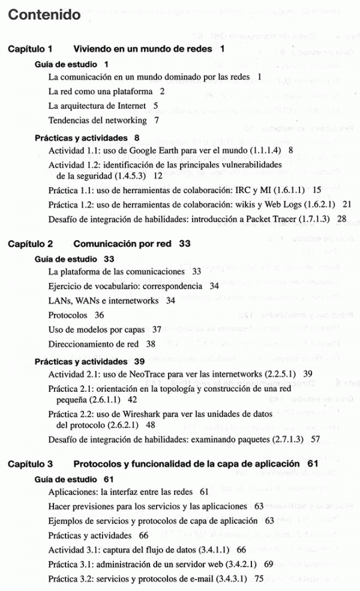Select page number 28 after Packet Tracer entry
click(342, 218)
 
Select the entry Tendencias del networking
click(97, 120)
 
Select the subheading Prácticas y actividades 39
click(89, 361)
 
